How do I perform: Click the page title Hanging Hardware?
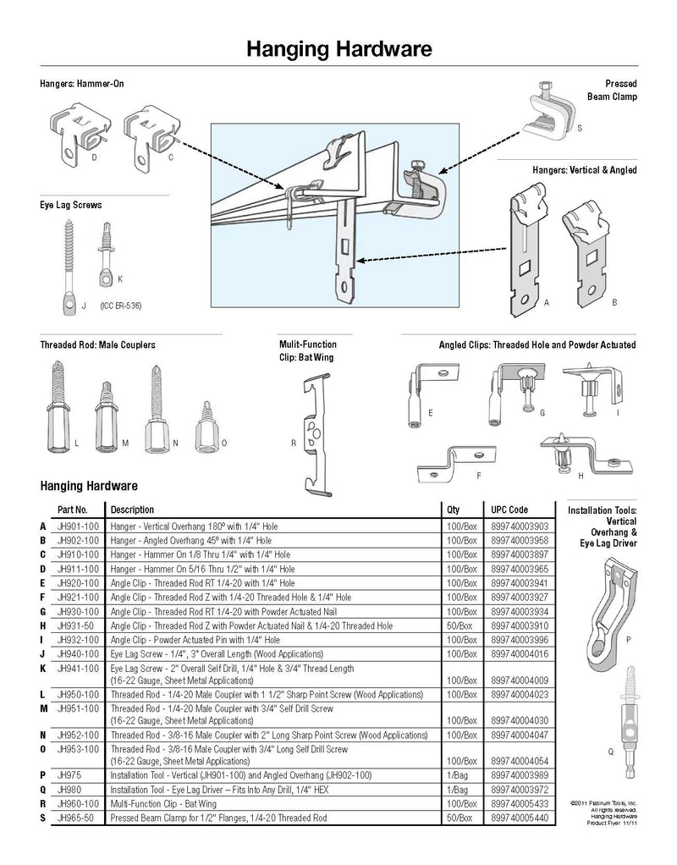339,49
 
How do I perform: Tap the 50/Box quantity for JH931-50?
458,625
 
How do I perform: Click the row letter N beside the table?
42,736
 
